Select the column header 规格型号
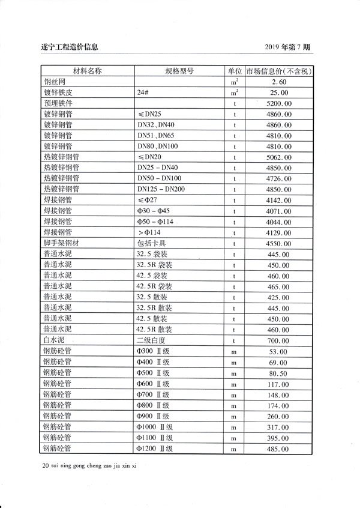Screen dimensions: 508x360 (179, 71)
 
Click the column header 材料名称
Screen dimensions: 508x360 (88, 71)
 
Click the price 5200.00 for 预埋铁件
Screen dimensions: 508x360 (280, 103)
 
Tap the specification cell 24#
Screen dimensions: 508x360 (143, 92)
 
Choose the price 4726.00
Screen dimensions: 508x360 (280, 179)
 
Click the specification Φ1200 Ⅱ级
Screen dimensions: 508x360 (155, 449)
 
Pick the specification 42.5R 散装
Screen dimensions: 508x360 (155, 330)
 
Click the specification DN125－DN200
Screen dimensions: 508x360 (161, 190)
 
